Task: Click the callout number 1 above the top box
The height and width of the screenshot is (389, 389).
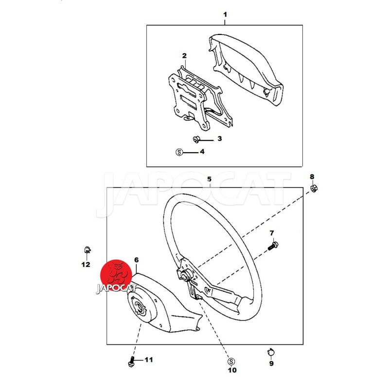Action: pos(225,15)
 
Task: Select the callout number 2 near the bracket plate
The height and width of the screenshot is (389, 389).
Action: pos(184,56)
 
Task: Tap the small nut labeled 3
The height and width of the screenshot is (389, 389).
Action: pos(196,140)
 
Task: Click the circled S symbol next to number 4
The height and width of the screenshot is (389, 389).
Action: pos(179,152)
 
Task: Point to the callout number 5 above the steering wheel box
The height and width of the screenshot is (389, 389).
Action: pos(210,179)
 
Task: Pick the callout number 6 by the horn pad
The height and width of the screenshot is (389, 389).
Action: pos(137,260)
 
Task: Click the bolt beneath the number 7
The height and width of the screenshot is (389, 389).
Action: pos(273,246)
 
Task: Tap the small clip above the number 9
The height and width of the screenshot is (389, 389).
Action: pos(271,352)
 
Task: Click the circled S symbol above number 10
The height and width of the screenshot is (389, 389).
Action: pos(231,362)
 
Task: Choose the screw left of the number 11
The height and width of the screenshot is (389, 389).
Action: pos(131,361)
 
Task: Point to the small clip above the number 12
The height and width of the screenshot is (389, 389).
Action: pos(87,249)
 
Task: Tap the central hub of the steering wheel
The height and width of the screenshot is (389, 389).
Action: pos(185,275)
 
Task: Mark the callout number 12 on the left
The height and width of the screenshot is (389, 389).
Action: pos(86,265)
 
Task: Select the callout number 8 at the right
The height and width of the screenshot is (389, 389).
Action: pos(312,177)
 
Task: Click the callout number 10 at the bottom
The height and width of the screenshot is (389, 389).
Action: pos(232,370)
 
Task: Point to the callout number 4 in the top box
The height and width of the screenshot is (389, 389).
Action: pos(202,152)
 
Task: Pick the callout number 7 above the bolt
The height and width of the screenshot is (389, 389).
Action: pos(272,233)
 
